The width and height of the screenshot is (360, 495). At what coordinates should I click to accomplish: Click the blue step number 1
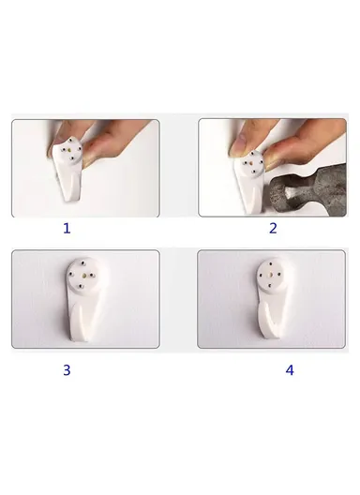pyautogui.click(x=67, y=228)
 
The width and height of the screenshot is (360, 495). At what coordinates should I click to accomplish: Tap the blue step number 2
pyautogui.click(x=273, y=228)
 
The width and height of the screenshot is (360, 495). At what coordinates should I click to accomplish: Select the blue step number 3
pyautogui.click(x=67, y=370)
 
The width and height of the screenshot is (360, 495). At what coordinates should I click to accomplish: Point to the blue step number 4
pyautogui.click(x=290, y=370)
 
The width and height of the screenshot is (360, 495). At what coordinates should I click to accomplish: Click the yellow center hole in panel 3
pyautogui.click(x=82, y=276)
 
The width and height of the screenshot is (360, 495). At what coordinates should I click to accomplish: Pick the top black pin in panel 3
pyautogui.click(x=82, y=262)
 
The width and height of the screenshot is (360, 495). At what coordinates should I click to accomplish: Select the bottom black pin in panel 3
pyautogui.click(x=81, y=287)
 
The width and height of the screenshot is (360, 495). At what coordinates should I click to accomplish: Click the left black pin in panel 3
pyautogui.click(x=70, y=274)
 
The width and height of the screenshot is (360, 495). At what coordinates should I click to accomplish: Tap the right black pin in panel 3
pyautogui.click(x=94, y=276)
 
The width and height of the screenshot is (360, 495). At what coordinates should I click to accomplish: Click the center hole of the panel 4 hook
pyautogui.click(x=270, y=275)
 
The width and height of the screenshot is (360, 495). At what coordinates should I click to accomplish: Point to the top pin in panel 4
pyautogui.click(x=271, y=263)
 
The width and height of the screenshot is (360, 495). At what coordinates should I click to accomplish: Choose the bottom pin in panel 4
pyautogui.click(x=270, y=286)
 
